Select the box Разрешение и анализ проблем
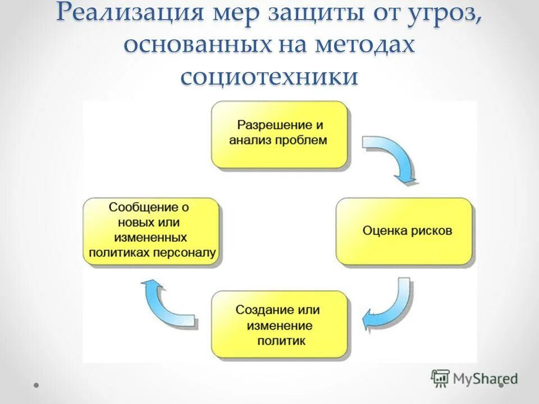pyautogui.click(x=279, y=135)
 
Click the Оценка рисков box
pyautogui.click(x=404, y=231)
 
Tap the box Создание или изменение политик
pyautogui.click(x=279, y=324)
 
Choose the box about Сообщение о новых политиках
pyautogui.click(x=152, y=231)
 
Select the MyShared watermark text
pyautogui.click(x=485, y=379)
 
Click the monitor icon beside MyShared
pyautogui.click(x=440, y=378)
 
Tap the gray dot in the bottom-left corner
pyautogui.click(x=36, y=385)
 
